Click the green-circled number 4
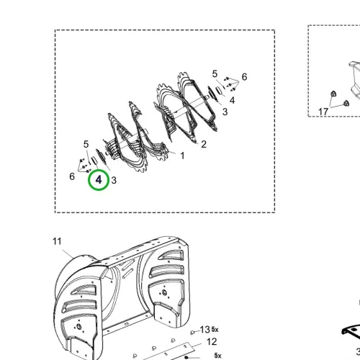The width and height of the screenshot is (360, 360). coord(99,180)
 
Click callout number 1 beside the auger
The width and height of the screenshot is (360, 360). coord(182,156)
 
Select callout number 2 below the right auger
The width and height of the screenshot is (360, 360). coord(204,144)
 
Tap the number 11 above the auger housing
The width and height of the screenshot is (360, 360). coord(57,241)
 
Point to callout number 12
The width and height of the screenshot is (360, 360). coord(212,342)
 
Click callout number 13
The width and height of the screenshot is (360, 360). coord(205,330)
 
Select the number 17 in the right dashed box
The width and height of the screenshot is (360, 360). coord(323,112)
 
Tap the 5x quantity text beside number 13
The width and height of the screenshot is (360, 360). coord(215,330)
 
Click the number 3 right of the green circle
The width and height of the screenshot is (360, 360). coord(114,180)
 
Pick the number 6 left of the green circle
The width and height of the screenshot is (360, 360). coord(72,176)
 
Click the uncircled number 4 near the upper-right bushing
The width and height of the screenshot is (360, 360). coord(232,100)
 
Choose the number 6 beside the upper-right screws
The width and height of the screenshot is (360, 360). coord(244,77)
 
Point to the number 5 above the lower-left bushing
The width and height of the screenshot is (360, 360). coord(86,144)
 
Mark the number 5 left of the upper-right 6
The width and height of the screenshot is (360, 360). coord(215,73)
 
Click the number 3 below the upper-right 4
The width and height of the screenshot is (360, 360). coord(225,112)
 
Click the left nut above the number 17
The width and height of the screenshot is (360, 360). coord(333,94)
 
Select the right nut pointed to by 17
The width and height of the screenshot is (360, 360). coord(346,104)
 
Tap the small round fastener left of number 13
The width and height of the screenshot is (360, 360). coord(192,333)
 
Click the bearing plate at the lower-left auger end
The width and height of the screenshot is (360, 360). coord(100,156)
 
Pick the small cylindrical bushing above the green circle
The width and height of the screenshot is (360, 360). coord(94,160)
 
